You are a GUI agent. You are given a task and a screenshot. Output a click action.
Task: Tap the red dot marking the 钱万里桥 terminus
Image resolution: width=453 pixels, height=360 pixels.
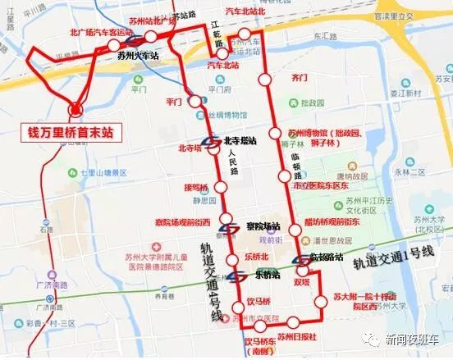pyautogui.click(x=76, y=107)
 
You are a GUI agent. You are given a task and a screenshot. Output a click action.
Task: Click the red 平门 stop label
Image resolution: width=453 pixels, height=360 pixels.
pyautogui.click(x=172, y=103)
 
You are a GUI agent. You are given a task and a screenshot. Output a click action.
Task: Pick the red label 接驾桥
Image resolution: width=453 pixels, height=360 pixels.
pyautogui.click(x=198, y=187)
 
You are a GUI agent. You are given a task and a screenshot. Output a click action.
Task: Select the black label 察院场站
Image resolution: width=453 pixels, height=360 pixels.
pyautogui.click(x=263, y=226)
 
